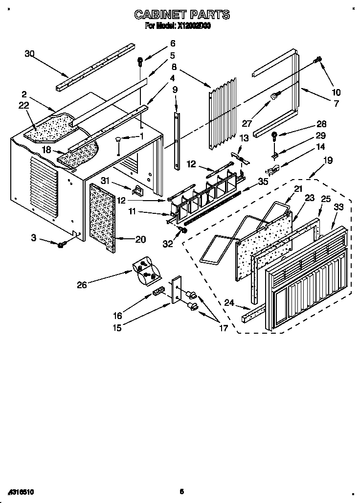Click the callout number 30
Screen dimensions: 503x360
tap(30, 54)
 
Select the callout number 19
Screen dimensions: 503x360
tap(328, 160)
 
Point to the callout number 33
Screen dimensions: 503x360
tap(338, 207)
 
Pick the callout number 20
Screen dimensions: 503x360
tap(140, 239)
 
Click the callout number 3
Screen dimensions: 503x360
tap(33, 238)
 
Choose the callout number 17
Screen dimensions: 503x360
tap(223, 328)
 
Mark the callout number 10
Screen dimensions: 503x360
tap(336, 92)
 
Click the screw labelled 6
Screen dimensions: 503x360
tap(140, 62)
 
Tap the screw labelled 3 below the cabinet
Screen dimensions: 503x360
tap(62, 244)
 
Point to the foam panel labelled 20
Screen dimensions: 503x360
tap(103, 218)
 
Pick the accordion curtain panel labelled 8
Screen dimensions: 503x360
tap(223, 113)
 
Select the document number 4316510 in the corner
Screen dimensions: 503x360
tap(21, 491)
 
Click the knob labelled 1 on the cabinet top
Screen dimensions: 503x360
tap(119, 141)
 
